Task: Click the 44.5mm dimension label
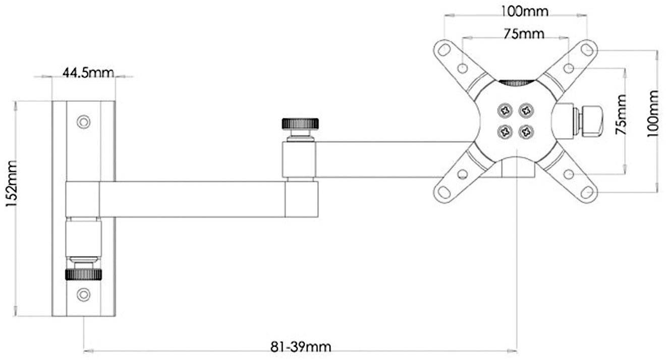(88, 72)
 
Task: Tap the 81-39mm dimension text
(301, 347)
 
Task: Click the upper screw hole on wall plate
(83, 122)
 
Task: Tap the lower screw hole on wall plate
(83, 294)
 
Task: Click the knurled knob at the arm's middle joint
(301, 123)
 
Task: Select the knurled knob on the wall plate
(83, 274)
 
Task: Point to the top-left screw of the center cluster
(505, 109)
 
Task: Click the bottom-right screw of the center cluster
(526, 132)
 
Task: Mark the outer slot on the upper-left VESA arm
(443, 50)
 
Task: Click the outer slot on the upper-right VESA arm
(587, 49)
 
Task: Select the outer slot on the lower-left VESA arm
(444, 192)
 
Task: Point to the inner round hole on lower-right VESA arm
(569, 174)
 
